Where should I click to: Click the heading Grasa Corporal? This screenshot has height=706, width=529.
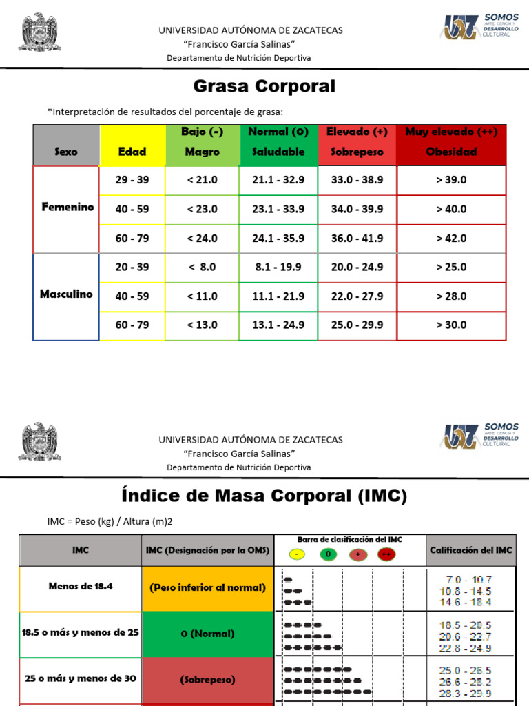coord(264,86)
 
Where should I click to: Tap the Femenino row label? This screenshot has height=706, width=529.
coord(67,207)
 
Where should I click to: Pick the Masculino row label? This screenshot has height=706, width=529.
coord(66,294)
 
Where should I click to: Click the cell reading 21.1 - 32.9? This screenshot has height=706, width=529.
coord(278,180)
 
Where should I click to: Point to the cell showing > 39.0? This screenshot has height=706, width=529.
coord(451,180)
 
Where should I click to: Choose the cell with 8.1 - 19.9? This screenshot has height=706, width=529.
coord(278,267)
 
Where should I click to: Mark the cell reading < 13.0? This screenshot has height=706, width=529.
coord(202,325)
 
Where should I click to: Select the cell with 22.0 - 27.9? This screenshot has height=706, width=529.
coord(357,296)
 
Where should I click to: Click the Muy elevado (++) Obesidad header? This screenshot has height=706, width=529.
coord(451,141)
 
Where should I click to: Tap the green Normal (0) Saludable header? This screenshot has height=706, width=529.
coord(278,141)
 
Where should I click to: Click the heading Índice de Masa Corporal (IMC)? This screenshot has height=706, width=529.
coord(264,496)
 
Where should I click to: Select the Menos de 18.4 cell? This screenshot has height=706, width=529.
coord(80,587)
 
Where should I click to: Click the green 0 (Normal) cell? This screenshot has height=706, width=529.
coord(207,633)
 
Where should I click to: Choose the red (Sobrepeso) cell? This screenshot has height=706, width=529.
coord(207,679)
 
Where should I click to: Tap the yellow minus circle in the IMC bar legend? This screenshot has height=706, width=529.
coord(295,554)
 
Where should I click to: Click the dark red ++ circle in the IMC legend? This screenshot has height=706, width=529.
coord(386,554)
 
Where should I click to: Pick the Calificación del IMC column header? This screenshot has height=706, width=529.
coord(470,549)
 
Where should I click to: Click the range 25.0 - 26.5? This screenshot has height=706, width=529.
coord(466,670)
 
